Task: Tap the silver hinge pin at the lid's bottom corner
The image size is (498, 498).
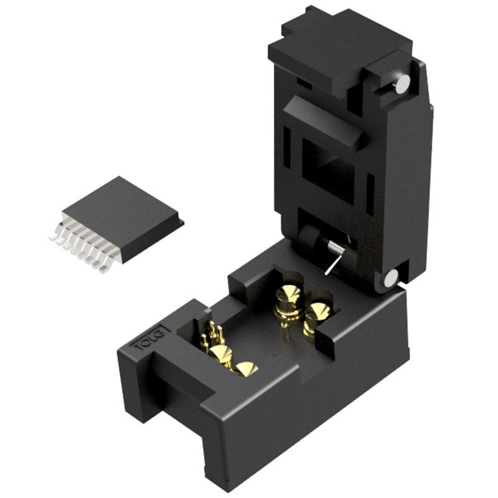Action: pyautogui.click(x=390, y=278)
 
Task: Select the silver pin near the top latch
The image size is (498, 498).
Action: pyautogui.click(x=403, y=83)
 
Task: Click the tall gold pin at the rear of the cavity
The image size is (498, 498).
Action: pyautogui.click(x=288, y=298)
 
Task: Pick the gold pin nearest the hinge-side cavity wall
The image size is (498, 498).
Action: pyautogui.click(x=317, y=315)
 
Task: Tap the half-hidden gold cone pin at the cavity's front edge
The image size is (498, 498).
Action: pyautogui.click(x=247, y=369)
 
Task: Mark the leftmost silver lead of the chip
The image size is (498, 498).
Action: pyautogui.click(x=55, y=235)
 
